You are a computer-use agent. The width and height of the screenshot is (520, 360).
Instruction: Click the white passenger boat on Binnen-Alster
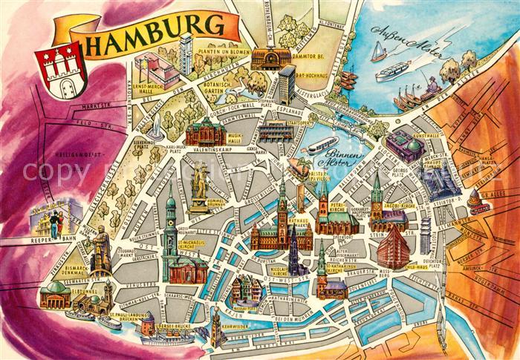point(319,143)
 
